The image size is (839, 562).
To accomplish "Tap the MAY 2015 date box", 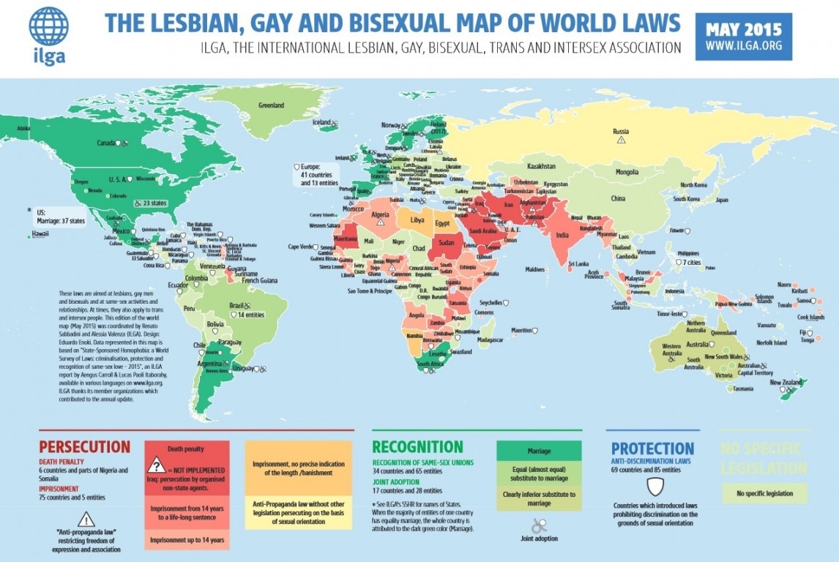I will [x=743, y=37].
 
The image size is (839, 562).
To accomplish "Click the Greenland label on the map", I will [x=270, y=105].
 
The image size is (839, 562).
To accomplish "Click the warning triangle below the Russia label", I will [x=621, y=140].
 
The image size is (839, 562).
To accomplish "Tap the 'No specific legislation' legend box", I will [x=764, y=493].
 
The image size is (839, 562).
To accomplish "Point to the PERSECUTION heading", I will [x=84, y=447].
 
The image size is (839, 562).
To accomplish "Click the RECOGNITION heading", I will [x=417, y=447].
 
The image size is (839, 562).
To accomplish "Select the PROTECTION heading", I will [x=652, y=448].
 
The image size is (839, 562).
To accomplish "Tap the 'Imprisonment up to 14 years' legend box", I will [x=187, y=539].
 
